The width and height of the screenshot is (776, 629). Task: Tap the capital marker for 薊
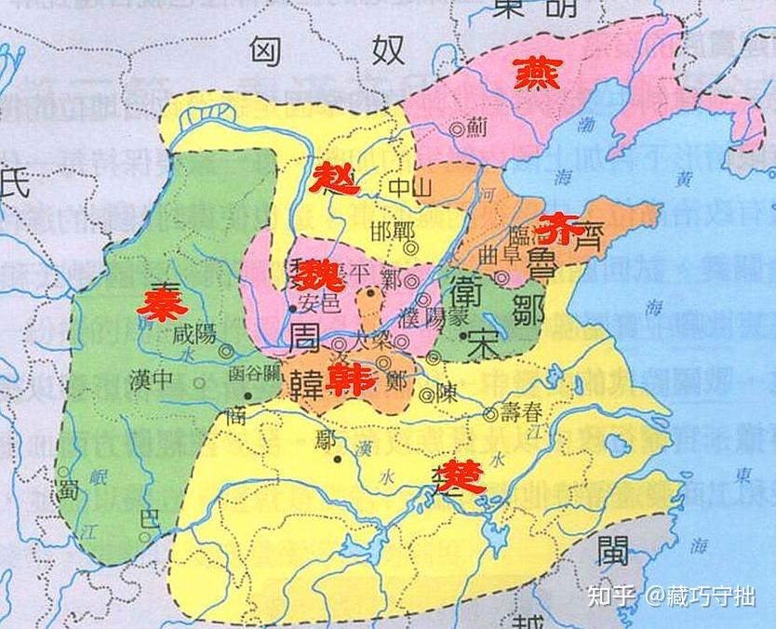457,131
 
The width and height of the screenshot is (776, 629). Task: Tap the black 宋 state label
484,343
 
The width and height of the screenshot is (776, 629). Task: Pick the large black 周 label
304,338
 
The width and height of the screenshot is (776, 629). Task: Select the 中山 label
410,187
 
